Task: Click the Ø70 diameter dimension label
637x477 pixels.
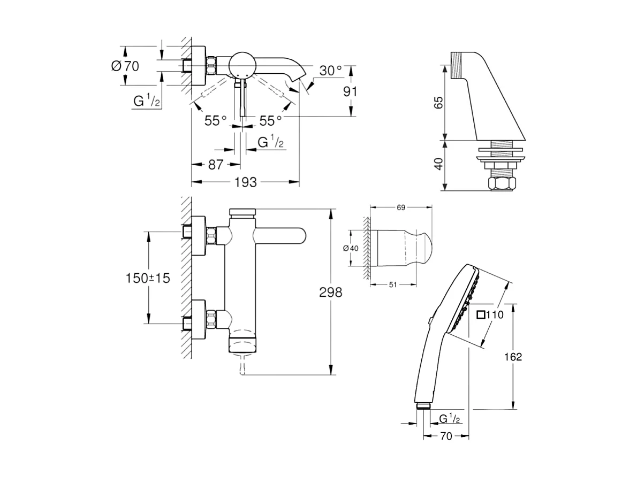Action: coord(125,66)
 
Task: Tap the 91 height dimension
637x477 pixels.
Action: coord(350,91)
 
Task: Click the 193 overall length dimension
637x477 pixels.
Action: coord(246,182)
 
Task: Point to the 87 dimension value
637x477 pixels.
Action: coord(215,165)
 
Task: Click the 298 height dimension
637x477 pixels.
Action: coord(330,292)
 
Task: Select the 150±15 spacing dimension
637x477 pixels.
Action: coord(148,278)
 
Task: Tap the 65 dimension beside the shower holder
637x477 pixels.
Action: coord(438,103)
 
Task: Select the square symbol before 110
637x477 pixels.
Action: coord(480,315)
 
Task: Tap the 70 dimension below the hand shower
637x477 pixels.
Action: coord(445,436)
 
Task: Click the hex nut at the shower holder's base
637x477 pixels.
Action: coord(503,184)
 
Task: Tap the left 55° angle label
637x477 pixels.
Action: coord(216,120)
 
